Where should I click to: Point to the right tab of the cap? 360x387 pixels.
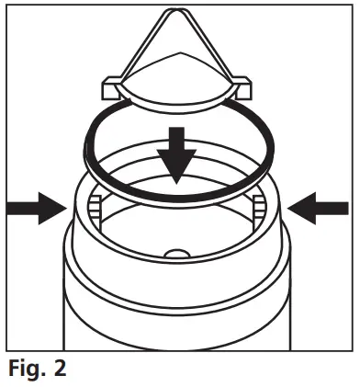[244, 88]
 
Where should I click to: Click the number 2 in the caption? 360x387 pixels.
[59, 370]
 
